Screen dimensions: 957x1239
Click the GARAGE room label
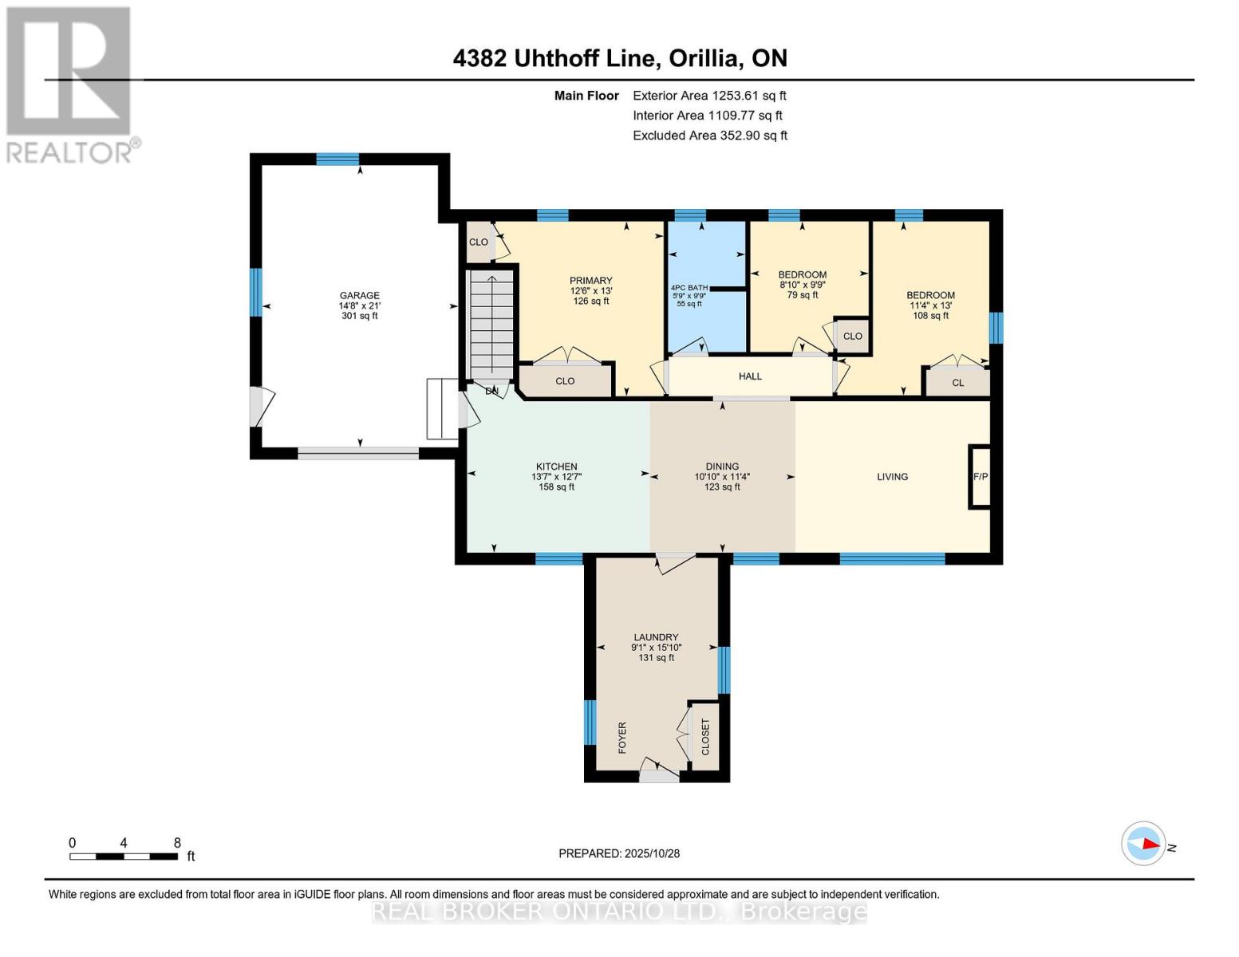click(x=359, y=295)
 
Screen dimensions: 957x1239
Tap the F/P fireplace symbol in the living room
click(x=980, y=477)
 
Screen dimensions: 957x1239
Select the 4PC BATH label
click(x=689, y=287)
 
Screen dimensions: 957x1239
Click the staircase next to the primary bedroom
click(x=491, y=324)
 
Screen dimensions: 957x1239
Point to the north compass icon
click(x=1144, y=843)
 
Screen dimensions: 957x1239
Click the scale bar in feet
click(x=124, y=856)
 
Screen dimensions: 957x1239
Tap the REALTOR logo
click(x=69, y=85)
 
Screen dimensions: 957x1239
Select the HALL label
click(x=750, y=376)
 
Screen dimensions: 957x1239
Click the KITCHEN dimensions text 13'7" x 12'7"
click(x=556, y=477)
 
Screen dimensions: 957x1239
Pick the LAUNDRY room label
click(x=656, y=637)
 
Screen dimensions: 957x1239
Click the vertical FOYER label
click(x=622, y=738)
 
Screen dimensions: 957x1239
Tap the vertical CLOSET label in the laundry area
click(x=705, y=736)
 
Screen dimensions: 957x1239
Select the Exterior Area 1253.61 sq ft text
click(x=709, y=96)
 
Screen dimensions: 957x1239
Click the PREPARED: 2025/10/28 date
click(x=619, y=853)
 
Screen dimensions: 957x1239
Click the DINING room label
click(x=722, y=467)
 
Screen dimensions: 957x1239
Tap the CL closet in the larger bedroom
click(x=957, y=383)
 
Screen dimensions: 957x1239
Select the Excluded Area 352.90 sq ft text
click(x=710, y=136)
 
